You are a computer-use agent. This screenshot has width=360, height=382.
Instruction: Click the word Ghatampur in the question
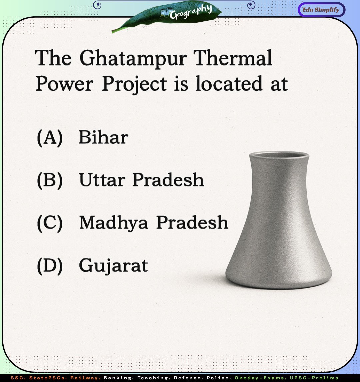133,59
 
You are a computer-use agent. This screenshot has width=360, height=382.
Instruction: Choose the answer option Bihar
103,137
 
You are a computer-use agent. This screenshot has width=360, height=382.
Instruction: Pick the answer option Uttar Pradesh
141,180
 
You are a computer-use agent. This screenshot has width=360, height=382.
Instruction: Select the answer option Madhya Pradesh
154,223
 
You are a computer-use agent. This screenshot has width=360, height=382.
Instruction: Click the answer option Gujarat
113,266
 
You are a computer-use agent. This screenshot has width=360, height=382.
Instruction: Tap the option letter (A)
50,137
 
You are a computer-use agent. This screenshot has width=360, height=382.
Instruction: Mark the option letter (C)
50,223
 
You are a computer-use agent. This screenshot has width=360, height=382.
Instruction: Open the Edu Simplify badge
321,10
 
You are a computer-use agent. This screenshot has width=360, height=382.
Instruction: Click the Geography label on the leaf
190,12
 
